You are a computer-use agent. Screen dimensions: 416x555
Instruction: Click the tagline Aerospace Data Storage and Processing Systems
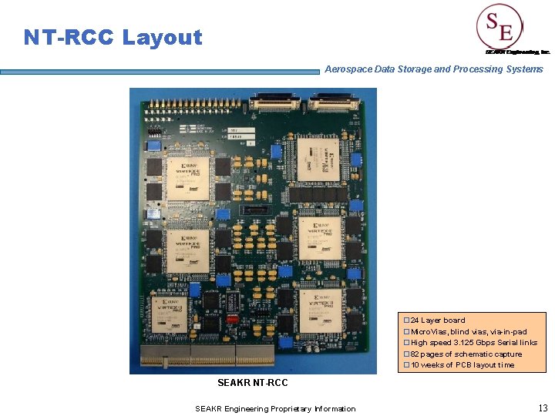point(434,69)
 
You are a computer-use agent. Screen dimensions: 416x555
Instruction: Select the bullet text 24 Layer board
point(438,320)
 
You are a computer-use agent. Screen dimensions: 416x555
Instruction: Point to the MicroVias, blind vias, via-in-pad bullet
point(469,331)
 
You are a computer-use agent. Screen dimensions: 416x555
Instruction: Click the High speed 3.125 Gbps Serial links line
point(474,343)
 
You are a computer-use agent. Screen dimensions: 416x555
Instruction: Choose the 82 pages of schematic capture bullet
point(466,354)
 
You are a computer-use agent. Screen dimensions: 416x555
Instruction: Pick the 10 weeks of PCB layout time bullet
point(462,365)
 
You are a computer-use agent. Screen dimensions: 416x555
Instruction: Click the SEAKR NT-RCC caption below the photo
point(253,383)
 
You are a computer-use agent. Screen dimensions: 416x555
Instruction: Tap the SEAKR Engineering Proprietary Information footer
point(275,408)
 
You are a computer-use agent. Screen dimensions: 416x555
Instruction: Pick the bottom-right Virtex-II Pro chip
point(319,310)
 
